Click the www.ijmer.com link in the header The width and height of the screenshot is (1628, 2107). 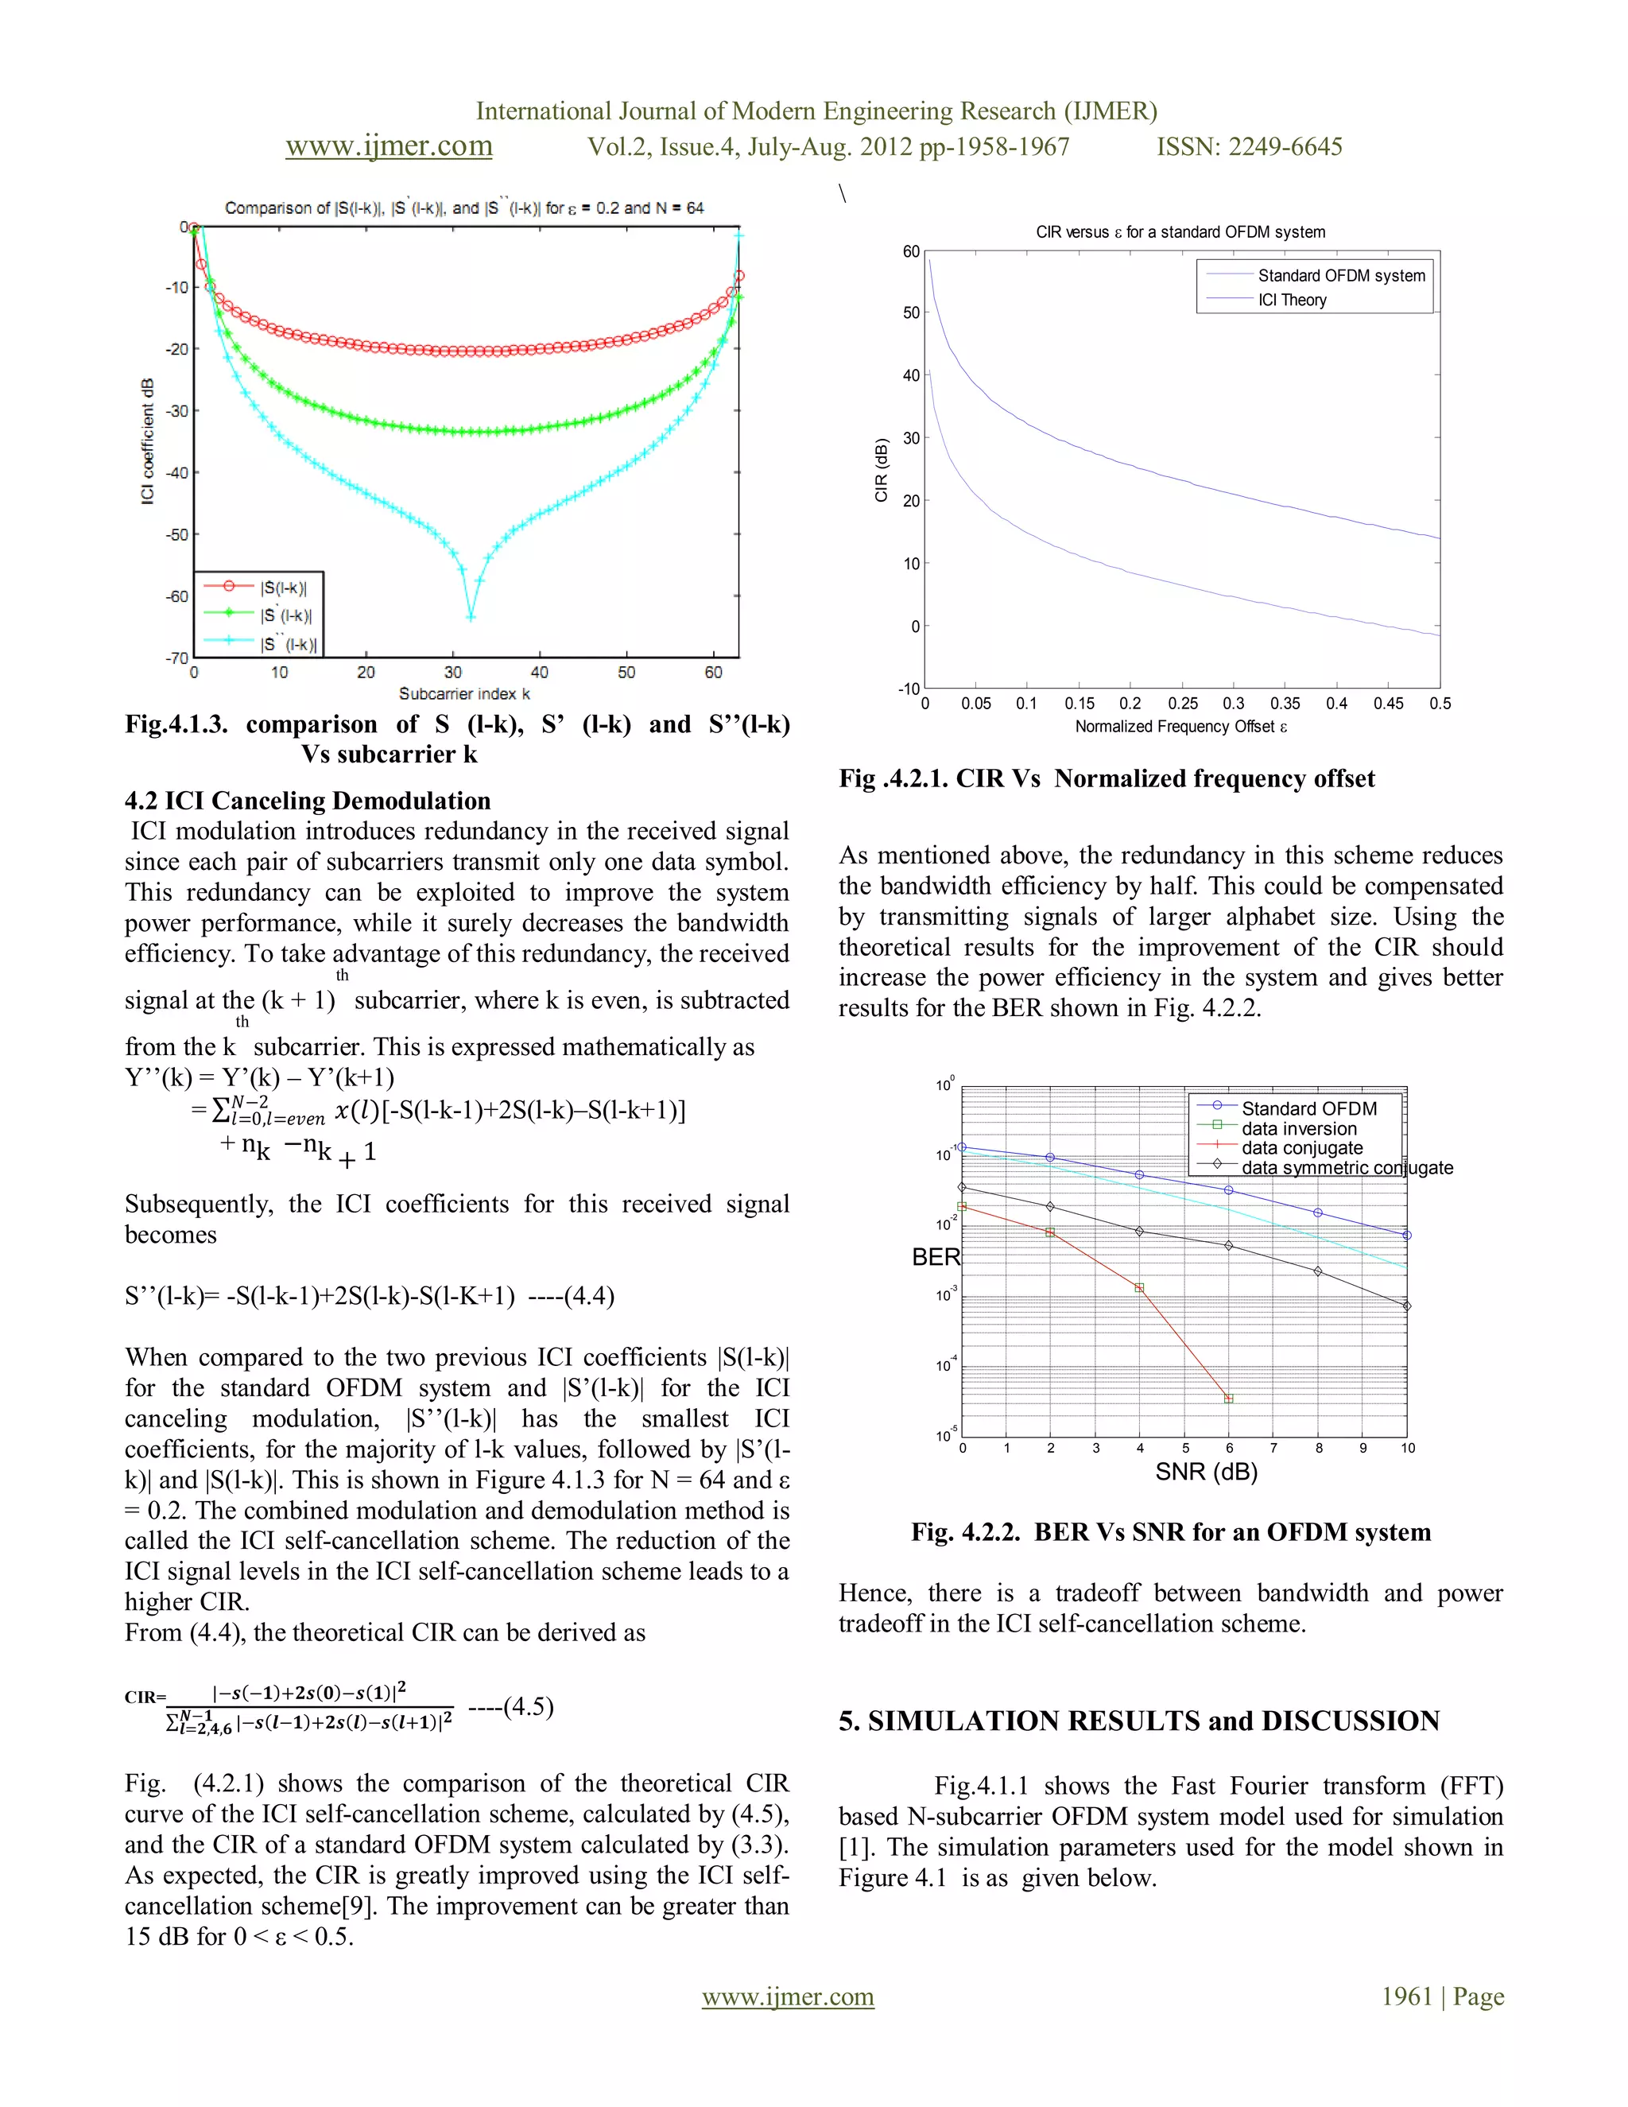389,146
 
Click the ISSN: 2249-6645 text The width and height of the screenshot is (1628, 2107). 1249,146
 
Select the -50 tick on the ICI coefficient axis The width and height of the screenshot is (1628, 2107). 177,534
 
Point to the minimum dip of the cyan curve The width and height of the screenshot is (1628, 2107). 471,615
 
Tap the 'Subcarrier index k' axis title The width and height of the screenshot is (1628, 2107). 464,693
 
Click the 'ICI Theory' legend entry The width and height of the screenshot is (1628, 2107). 1292,300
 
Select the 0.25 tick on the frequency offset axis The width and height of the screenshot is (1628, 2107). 1182,704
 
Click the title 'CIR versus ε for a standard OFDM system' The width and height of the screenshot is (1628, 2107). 1180,232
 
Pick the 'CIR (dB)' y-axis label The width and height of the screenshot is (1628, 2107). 881,470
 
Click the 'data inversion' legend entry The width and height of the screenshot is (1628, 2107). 1298,1129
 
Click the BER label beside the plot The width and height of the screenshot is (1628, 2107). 936,1257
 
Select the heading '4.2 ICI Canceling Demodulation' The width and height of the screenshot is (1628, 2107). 308,801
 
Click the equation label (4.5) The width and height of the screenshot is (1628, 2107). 511,1706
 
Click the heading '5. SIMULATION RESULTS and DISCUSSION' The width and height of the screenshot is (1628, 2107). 1139,1721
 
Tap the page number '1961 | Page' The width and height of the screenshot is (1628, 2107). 1442,1996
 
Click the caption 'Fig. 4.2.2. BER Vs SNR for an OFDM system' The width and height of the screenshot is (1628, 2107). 1171,1532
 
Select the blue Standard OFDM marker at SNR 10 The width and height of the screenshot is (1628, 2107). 1407,1235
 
